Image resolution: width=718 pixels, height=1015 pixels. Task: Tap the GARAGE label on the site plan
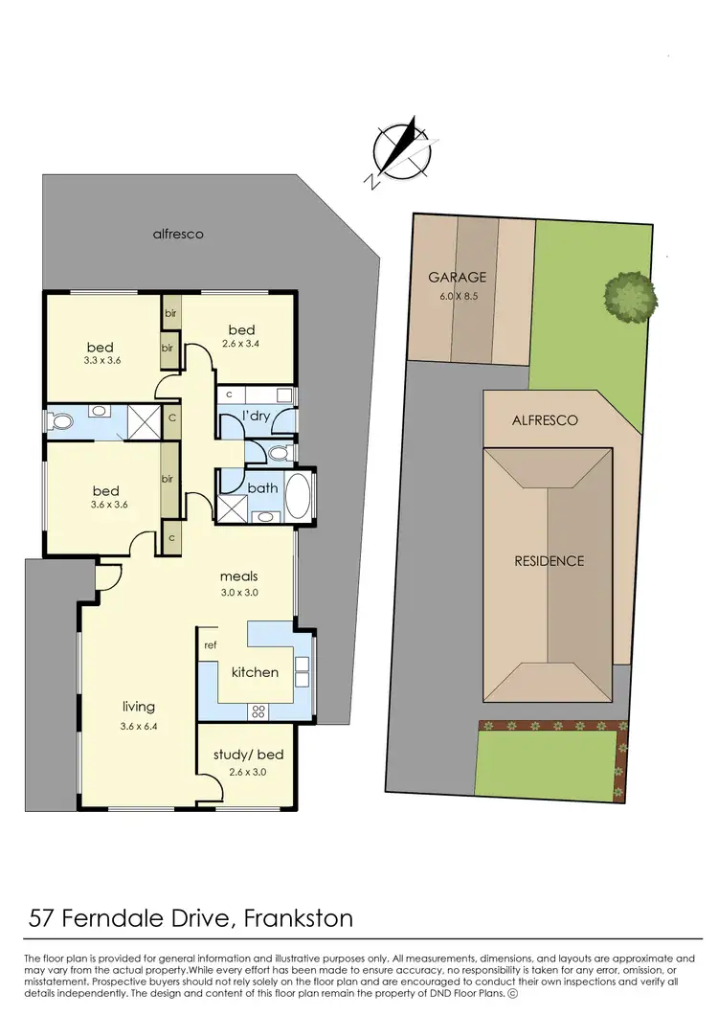point(457,278)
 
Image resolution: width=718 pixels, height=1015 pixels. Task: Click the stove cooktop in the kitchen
point(258,710)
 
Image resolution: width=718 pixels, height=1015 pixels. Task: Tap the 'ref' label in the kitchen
point(211,645)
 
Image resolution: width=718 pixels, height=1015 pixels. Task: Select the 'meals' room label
point(239,576)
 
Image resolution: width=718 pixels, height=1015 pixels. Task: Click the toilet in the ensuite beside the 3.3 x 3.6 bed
point(62,420)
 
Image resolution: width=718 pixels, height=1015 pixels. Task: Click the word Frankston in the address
point(298,920)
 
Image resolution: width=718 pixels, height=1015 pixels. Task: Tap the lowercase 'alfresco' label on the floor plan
point(178,234)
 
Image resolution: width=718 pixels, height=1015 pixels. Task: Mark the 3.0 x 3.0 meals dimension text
point(239,592)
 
